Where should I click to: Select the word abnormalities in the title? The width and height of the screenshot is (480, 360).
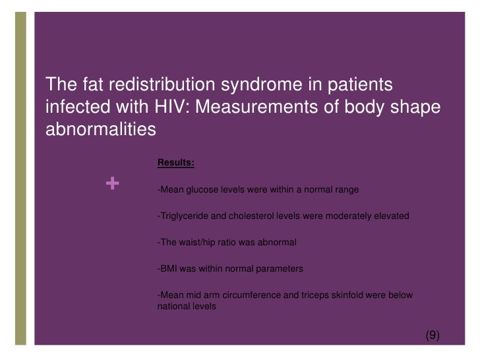[100, 129]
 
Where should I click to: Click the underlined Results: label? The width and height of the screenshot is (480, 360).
[175, 162]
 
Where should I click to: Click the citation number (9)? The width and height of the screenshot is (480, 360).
[431, 335]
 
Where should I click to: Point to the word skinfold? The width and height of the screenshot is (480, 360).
[351, 295]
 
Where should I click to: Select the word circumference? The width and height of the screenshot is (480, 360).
[255, 295]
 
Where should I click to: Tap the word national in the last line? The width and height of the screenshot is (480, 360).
[174, 307]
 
